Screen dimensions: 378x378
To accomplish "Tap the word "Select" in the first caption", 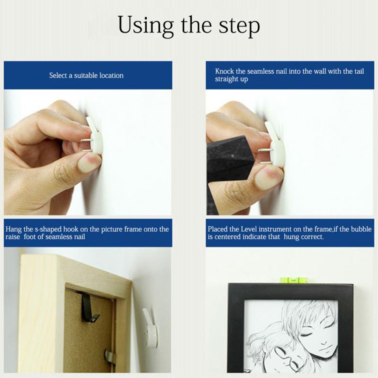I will click(x=58, y=76).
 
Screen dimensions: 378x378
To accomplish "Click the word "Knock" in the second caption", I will click(x=225, y=71).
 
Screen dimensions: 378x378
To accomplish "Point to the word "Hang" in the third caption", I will click(x=13, y=229).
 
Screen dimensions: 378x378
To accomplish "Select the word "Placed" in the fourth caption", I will click(x=218, y=229).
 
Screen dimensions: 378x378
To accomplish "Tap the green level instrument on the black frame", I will click(x=294, y=280).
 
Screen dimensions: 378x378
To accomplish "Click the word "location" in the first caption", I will click(x=112, y=76).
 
